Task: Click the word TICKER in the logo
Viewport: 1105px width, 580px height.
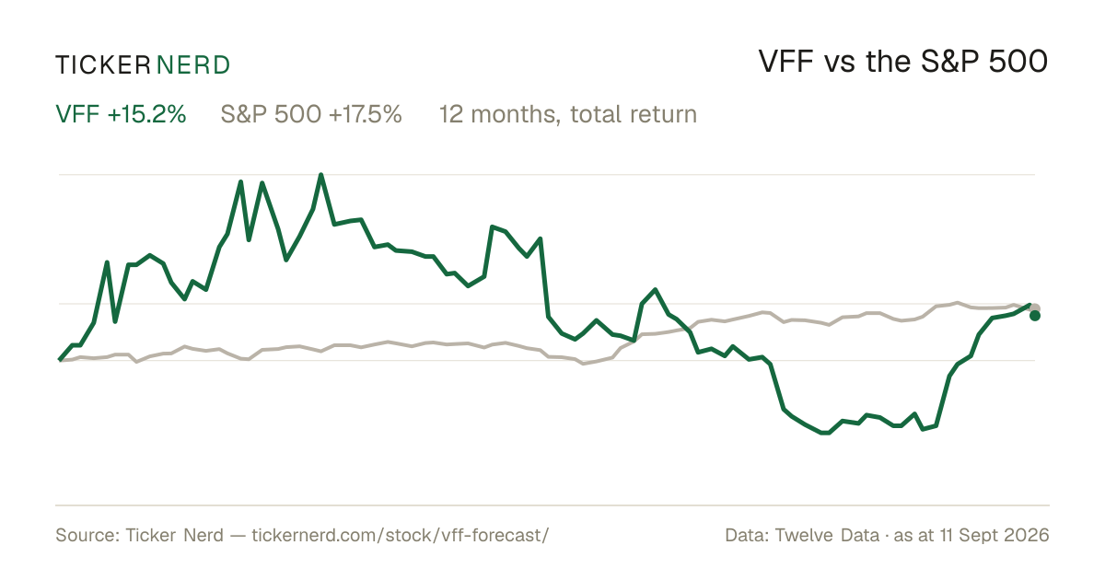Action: click(103, 65)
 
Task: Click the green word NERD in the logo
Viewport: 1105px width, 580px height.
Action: click(192, 65)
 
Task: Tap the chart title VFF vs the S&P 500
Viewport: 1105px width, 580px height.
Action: click(902, 62)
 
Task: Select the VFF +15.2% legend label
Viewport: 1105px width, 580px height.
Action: click(121, 114)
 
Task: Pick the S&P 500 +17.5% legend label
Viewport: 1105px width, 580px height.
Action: click(311, 114)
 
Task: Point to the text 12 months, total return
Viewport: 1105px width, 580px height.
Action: click(568, 115)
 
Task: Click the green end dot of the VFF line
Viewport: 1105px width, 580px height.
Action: click(1035, 316)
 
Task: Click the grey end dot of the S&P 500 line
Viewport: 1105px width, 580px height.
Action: click(1035, 308)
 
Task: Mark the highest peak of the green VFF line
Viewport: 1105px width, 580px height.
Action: click(321, 175)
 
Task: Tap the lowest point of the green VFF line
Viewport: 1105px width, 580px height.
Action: click(826, 433)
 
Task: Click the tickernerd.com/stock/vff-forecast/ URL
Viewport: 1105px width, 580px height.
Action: click(400, 536)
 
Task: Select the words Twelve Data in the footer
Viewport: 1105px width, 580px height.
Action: click(827, 536)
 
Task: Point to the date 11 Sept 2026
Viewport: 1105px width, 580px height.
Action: click(994, 536)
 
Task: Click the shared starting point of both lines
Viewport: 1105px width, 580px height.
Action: click(60, 360)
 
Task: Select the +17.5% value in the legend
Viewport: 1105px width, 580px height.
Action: click(366, 114)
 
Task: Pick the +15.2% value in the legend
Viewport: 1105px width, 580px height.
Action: click(147, 114)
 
